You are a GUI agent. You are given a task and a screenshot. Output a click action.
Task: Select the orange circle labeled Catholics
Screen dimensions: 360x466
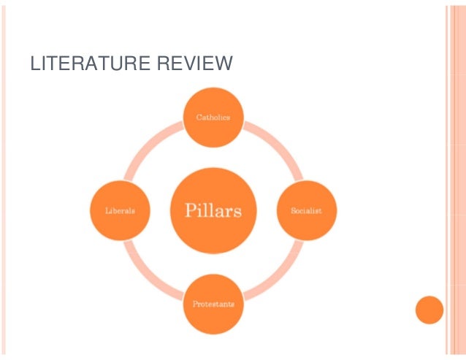pos(213,117)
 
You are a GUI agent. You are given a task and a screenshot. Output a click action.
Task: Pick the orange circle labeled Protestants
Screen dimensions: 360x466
pos(213,304)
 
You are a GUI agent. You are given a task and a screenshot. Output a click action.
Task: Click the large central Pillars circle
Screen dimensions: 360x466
pos(213,210)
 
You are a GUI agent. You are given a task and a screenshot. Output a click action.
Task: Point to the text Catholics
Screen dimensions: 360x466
pos(213,117)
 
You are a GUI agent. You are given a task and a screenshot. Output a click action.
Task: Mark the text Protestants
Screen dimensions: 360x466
pos(213,304)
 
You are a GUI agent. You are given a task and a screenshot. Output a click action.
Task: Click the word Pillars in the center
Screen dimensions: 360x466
pos(213,211)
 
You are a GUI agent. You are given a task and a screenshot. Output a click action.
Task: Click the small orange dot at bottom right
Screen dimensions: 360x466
pos(429,310)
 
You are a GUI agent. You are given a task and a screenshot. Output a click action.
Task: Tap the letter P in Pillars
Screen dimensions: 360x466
pos(178,210)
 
